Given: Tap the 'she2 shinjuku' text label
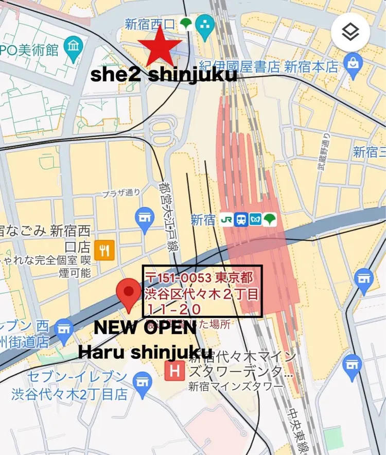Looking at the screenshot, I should [x=164, y=75].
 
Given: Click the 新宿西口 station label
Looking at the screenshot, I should [x=150, y=24].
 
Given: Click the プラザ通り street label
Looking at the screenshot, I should [x=121, y=193].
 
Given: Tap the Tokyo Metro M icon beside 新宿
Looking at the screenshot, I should [x=255, y=220].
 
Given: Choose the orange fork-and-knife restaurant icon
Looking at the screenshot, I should [x=104, y=251].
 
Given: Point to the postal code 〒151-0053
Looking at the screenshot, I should [x=178, y=278].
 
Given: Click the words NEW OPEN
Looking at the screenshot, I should [x=146, y=328].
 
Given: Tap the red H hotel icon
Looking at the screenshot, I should [x=175, y=370].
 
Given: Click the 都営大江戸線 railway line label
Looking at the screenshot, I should [x=166, y=216].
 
